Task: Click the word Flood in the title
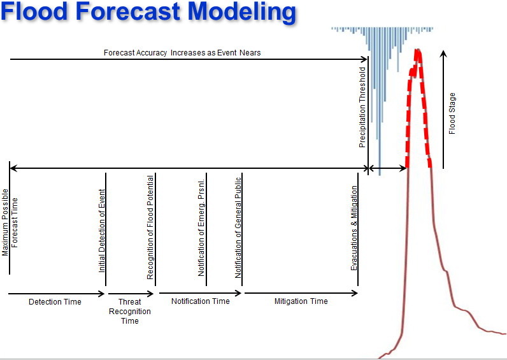pos(34,11)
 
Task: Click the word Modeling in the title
pos(242,12)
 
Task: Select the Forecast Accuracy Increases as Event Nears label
pos(182,53)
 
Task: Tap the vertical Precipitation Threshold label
pos(362,108)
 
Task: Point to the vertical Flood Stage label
pos(452,113)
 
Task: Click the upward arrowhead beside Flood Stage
pos(443,54)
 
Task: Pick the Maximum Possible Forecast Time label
pos(10,222)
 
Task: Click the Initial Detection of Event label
pos(102,231)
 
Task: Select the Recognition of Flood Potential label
pos(150,227)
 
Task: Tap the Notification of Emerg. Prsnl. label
pos(201,227)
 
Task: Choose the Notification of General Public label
pos(238,227)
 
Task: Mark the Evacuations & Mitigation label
pos(354,228)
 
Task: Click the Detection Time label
pos(55,302)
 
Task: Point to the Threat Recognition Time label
pos(130,311)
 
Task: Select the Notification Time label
pos(201,301)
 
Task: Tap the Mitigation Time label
pos(301,301)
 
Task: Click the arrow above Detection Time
pos(56,294)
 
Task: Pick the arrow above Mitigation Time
pos(301,293)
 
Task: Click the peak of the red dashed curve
pos(418,50)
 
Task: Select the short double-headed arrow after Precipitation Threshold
pos(387,168)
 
